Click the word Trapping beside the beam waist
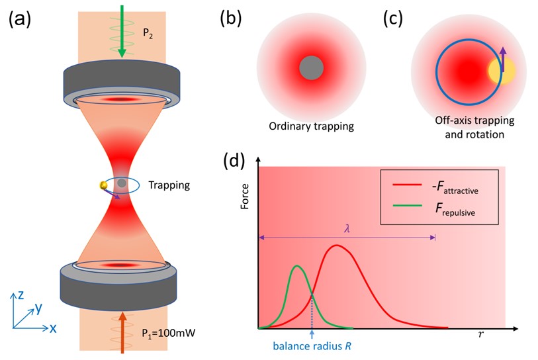tap(169, 185)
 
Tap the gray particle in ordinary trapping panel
tap(311, 68)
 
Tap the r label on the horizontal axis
tap(481, 335)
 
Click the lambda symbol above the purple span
tap(347, 227)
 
